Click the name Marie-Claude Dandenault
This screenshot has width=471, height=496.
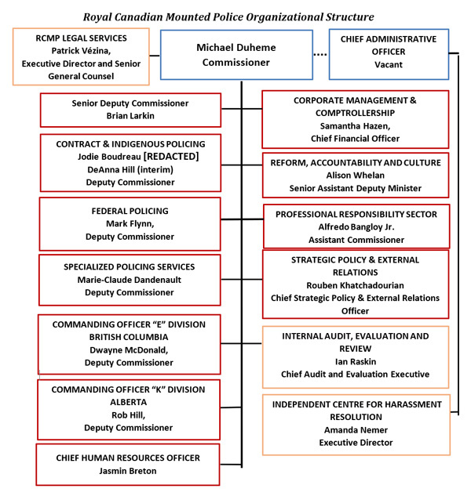(x=130, y=280)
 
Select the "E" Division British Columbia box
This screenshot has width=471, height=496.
(x=130, y=343)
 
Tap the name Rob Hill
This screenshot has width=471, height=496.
(x=130, y=415)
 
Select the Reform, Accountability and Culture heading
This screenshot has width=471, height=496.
(x=356, y=162)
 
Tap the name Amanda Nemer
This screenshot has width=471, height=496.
(x=356, y=430)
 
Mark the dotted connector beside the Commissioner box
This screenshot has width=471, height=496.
(x=318, y=55)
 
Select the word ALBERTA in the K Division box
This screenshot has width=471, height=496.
(x=130, y=403)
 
